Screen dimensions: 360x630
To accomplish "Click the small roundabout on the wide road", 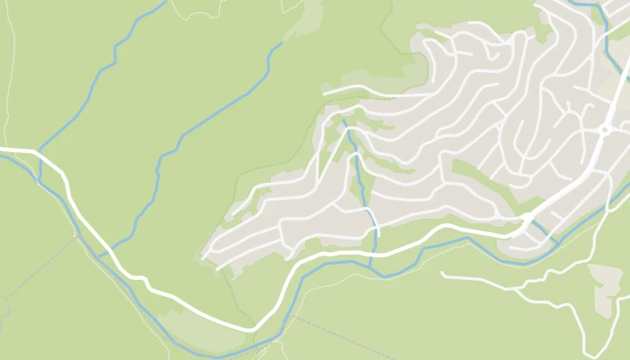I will pos(605,130).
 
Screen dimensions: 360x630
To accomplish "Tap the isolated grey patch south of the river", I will pos(605,279).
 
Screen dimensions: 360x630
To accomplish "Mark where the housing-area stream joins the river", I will pos(371,267).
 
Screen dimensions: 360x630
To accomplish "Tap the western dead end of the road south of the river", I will pos(443,273).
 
